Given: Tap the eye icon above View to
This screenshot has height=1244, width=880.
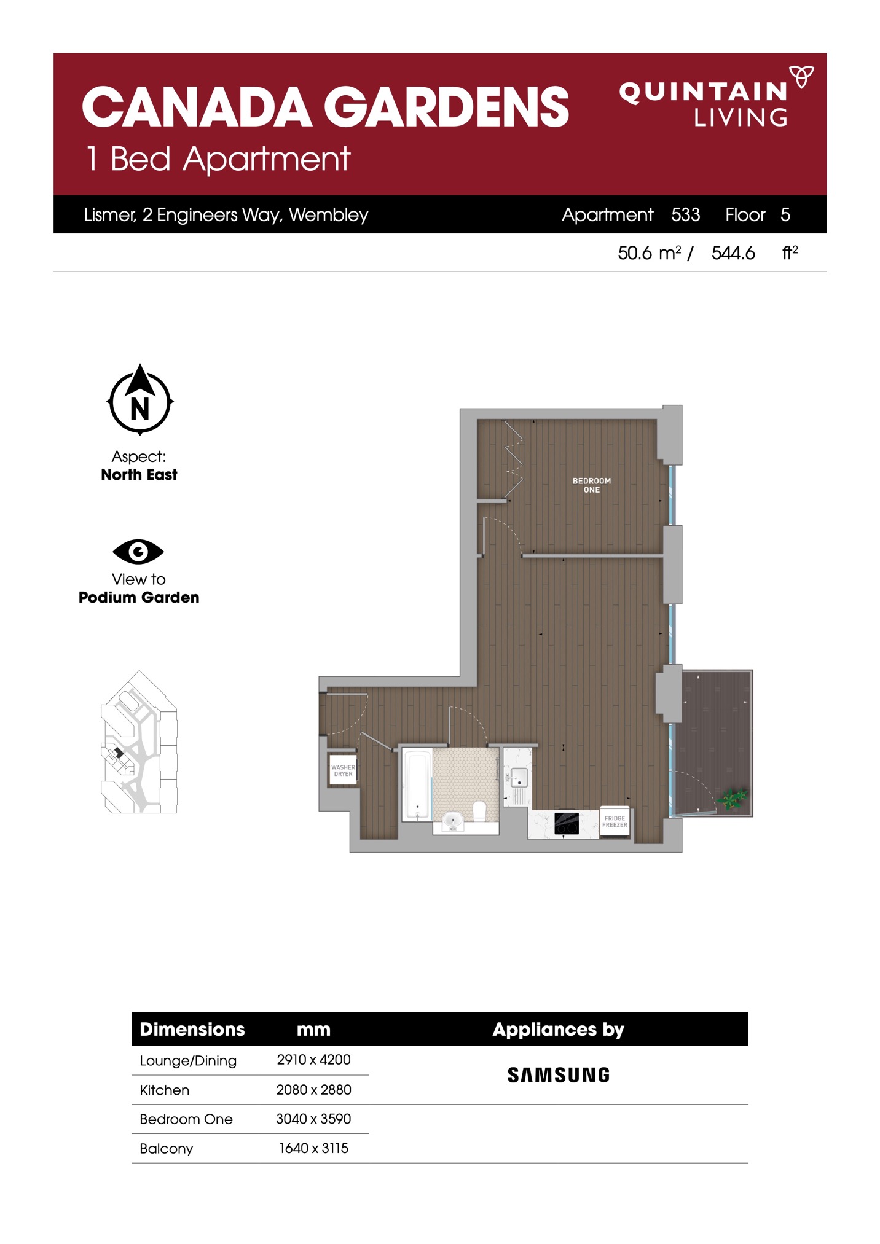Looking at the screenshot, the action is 138,551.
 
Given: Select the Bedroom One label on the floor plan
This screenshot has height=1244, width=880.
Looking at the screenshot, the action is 591,485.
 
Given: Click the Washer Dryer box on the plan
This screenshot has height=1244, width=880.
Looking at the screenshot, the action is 343,770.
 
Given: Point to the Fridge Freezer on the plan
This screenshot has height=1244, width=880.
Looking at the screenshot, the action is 615,822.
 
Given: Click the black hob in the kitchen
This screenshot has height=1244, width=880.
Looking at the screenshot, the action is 567,824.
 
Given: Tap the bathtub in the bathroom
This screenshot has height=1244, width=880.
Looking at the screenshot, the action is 417,784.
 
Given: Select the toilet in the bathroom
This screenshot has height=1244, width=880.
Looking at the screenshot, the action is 479,810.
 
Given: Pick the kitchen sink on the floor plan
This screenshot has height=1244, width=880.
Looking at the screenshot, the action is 518,778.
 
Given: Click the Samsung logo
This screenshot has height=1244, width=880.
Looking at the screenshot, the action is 559,1075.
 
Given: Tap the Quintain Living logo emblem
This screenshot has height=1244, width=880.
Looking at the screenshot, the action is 801,77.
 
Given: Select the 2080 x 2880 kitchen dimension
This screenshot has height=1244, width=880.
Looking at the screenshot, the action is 313,1090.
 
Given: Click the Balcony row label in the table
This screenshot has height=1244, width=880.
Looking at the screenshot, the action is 166,1149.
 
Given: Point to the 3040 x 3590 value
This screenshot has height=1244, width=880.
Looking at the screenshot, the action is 313,1119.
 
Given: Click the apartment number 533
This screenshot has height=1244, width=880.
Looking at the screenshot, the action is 685,214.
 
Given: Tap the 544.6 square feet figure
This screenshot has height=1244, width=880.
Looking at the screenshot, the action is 733,253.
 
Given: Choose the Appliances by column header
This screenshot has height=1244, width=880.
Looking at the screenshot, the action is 558,1030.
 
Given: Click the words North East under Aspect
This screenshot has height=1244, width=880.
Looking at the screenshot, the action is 139,475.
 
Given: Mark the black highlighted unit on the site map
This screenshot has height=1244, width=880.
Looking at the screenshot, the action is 119,753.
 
